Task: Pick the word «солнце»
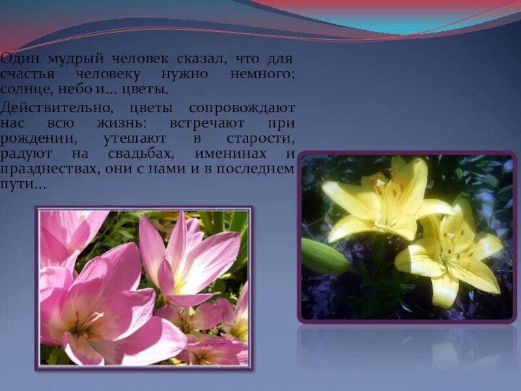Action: point(25,89)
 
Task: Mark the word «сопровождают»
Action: point(242,108)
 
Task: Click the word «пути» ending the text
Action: point(18,185)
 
